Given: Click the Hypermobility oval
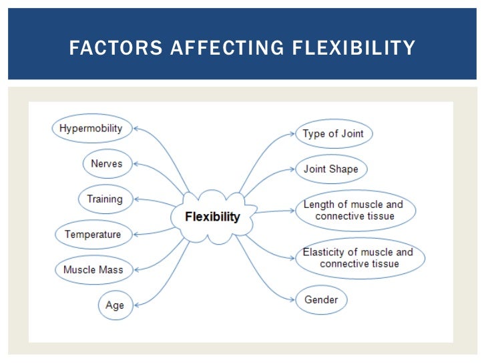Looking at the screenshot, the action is coord(91,128).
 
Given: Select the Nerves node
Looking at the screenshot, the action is coord(107,163).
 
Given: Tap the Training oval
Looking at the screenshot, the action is coord(105,199).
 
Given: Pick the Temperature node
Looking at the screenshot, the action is coord(93,234).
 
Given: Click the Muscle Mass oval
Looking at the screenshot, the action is coord(93,269).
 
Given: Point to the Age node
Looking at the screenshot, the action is coord(114,305).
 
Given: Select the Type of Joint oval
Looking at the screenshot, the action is coord(333,133).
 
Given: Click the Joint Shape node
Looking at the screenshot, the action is coord(331,169).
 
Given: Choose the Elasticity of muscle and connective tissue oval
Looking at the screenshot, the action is coord(358,258).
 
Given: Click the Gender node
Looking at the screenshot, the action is coord(321,299).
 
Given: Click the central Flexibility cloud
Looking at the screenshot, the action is coord(212,217).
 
